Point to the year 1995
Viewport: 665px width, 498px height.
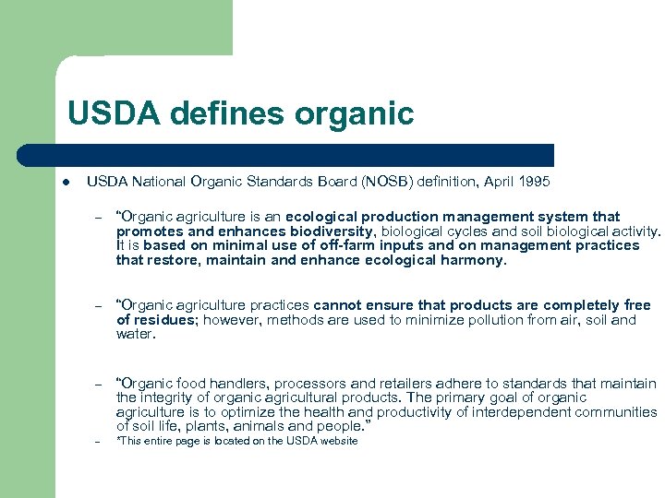pyautogui.click(x=534, y=181)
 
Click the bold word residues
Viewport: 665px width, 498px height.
pyautogui.click(x=164, y=320)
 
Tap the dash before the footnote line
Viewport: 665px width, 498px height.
pyautogui.click(x=96, y=441)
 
